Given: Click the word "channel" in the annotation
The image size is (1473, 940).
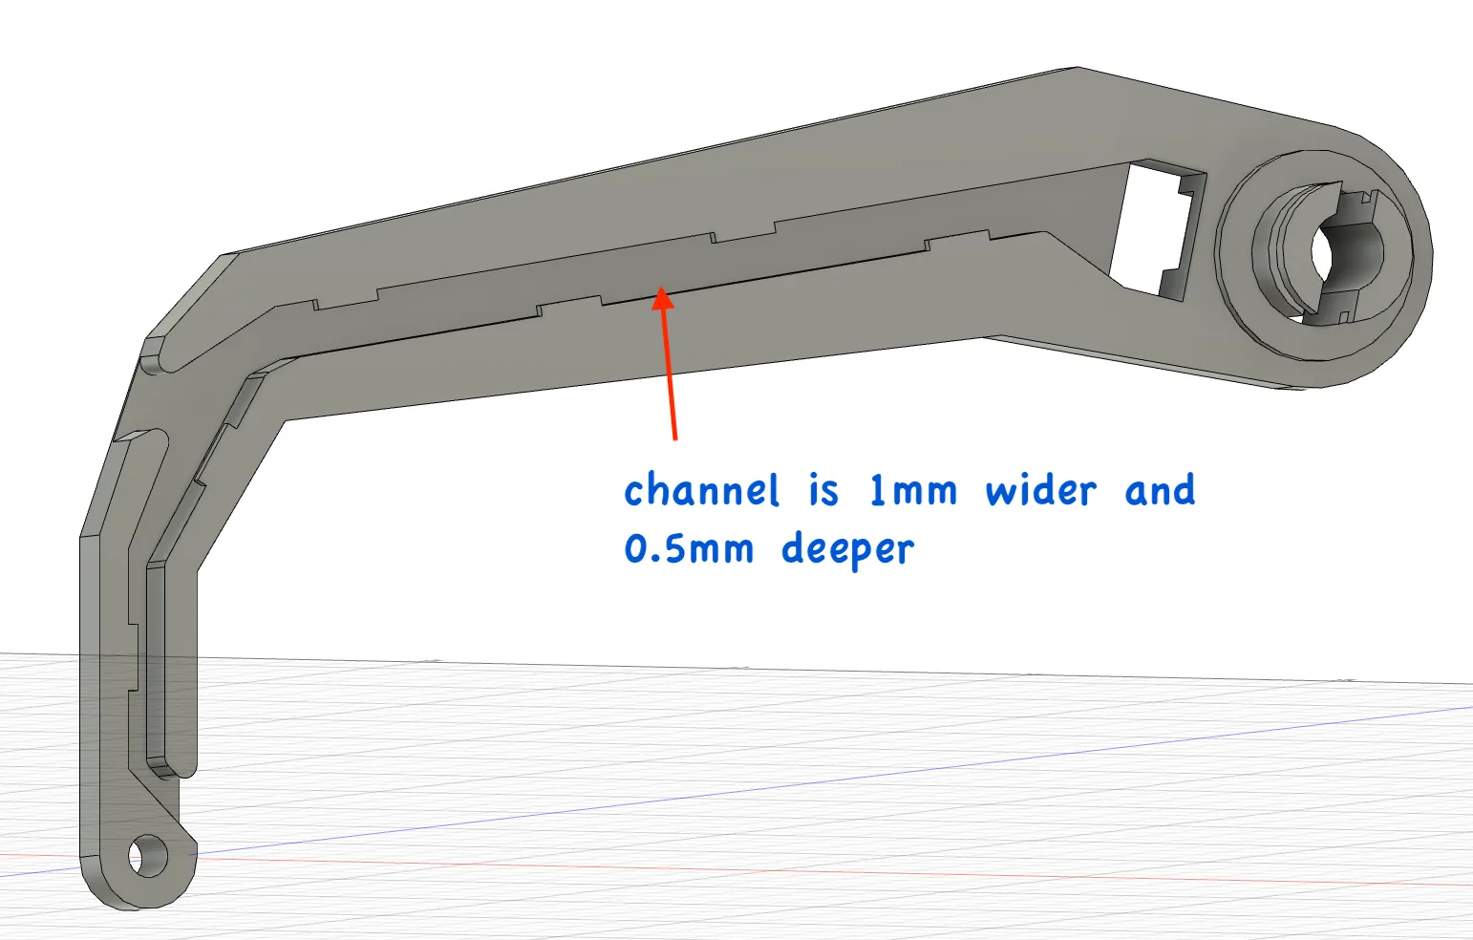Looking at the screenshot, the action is (x=702, y=491).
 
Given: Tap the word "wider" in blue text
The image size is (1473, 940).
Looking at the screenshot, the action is (x=1041, y=491).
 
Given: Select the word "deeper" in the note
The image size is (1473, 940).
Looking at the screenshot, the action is (x=847, y=548).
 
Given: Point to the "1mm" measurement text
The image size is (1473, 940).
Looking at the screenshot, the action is (x=912, y=491).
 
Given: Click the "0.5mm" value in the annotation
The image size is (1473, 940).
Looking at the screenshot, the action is (x=689, y=548).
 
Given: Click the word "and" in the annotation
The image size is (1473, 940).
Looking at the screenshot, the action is (x=1160, y=491).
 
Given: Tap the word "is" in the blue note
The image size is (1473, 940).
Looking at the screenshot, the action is (x=823, y=491).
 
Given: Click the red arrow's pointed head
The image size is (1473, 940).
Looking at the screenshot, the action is (x=663, y=297).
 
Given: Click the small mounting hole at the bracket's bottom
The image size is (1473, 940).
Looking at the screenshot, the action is (x=147, y=856).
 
